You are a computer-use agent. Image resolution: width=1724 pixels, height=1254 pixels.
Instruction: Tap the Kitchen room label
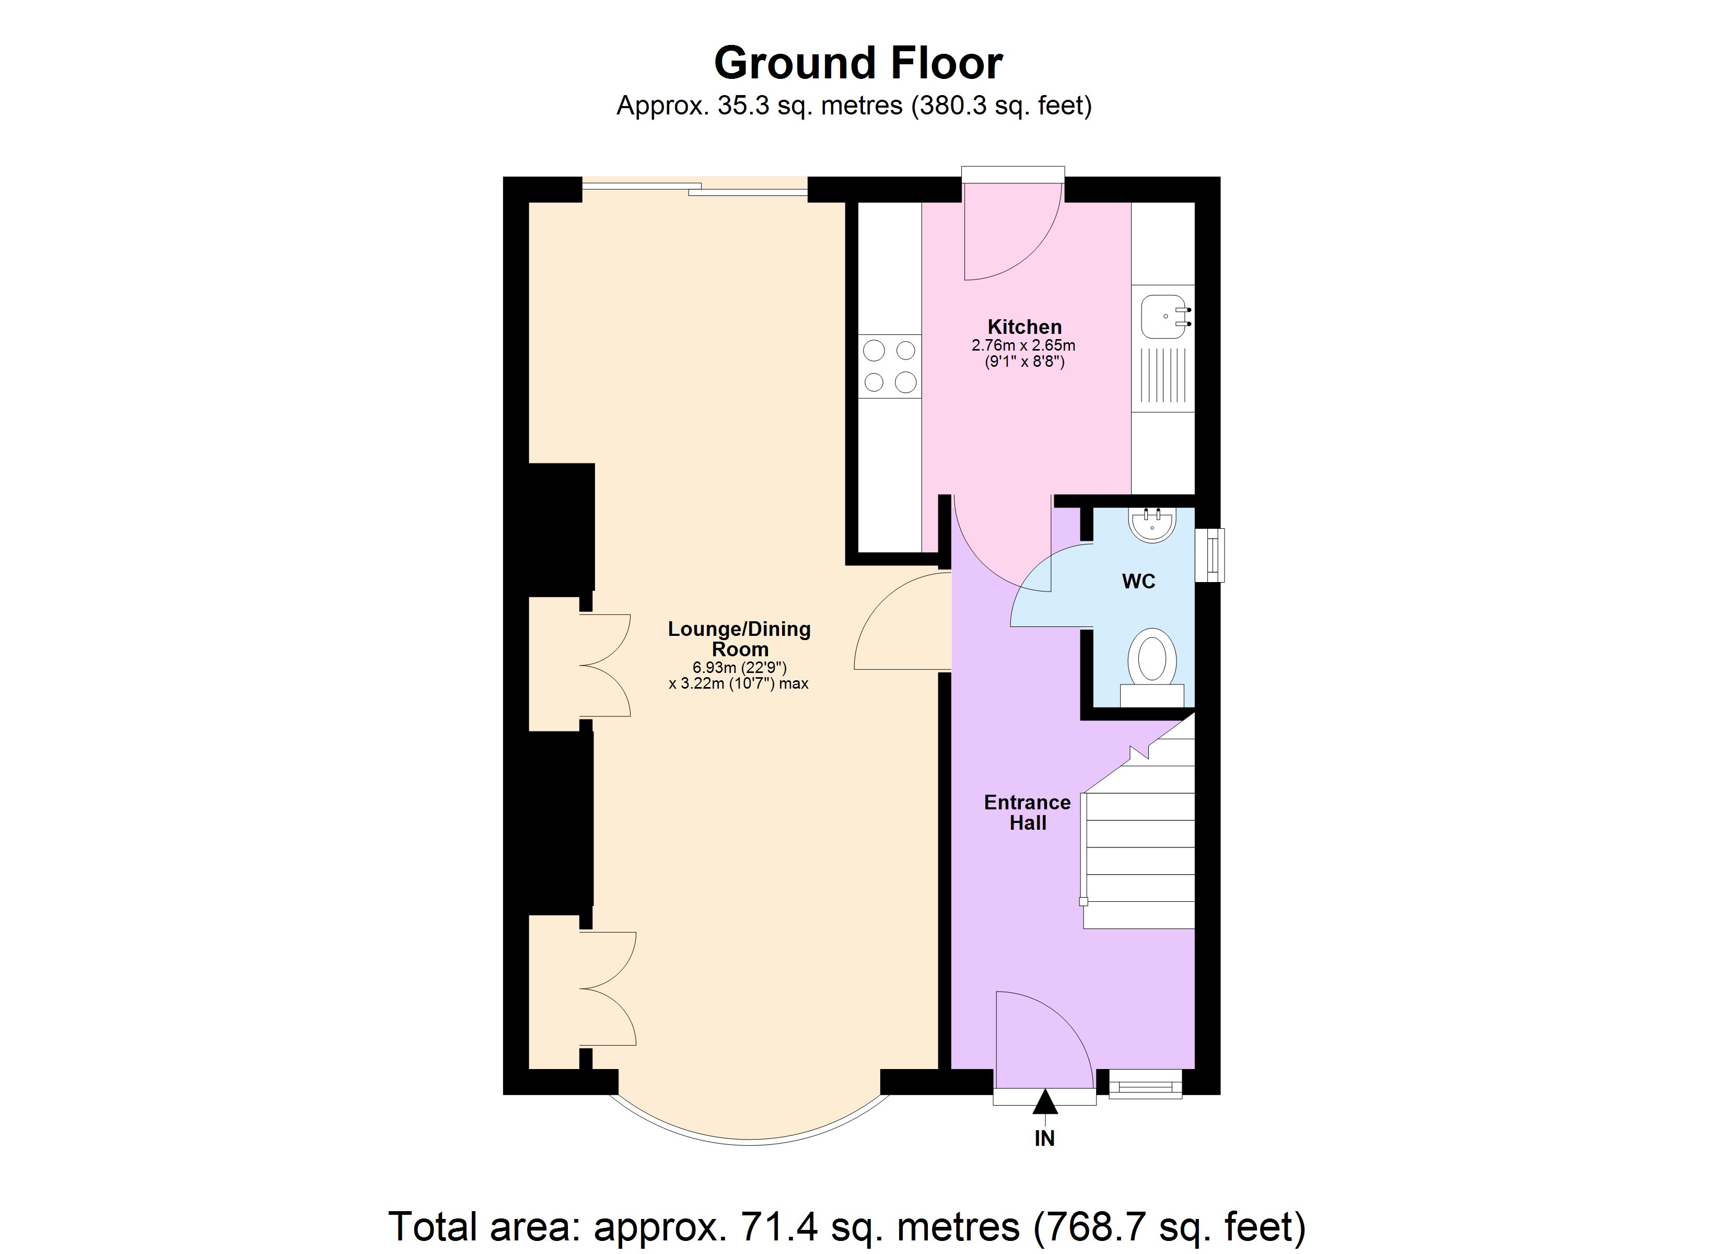[1024, 327]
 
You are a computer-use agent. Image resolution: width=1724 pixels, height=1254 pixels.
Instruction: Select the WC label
[1138, 582]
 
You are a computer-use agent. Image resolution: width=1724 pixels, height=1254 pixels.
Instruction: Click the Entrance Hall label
[1027, 812]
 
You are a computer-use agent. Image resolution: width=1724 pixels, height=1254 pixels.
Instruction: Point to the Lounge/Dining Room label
[739, 639]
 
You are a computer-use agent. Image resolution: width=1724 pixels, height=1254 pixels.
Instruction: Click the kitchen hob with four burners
[889, 367]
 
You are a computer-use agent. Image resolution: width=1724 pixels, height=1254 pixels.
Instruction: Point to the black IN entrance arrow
[1044, 1102]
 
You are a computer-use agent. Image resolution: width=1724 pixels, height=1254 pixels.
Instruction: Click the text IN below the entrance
[1044, 1139]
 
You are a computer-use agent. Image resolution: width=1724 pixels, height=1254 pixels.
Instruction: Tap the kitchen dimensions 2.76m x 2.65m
[1023, 346]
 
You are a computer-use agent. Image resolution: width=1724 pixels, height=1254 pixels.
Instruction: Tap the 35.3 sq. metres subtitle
[853, 106]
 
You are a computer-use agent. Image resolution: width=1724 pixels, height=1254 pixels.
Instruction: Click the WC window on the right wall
[1210, 555]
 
